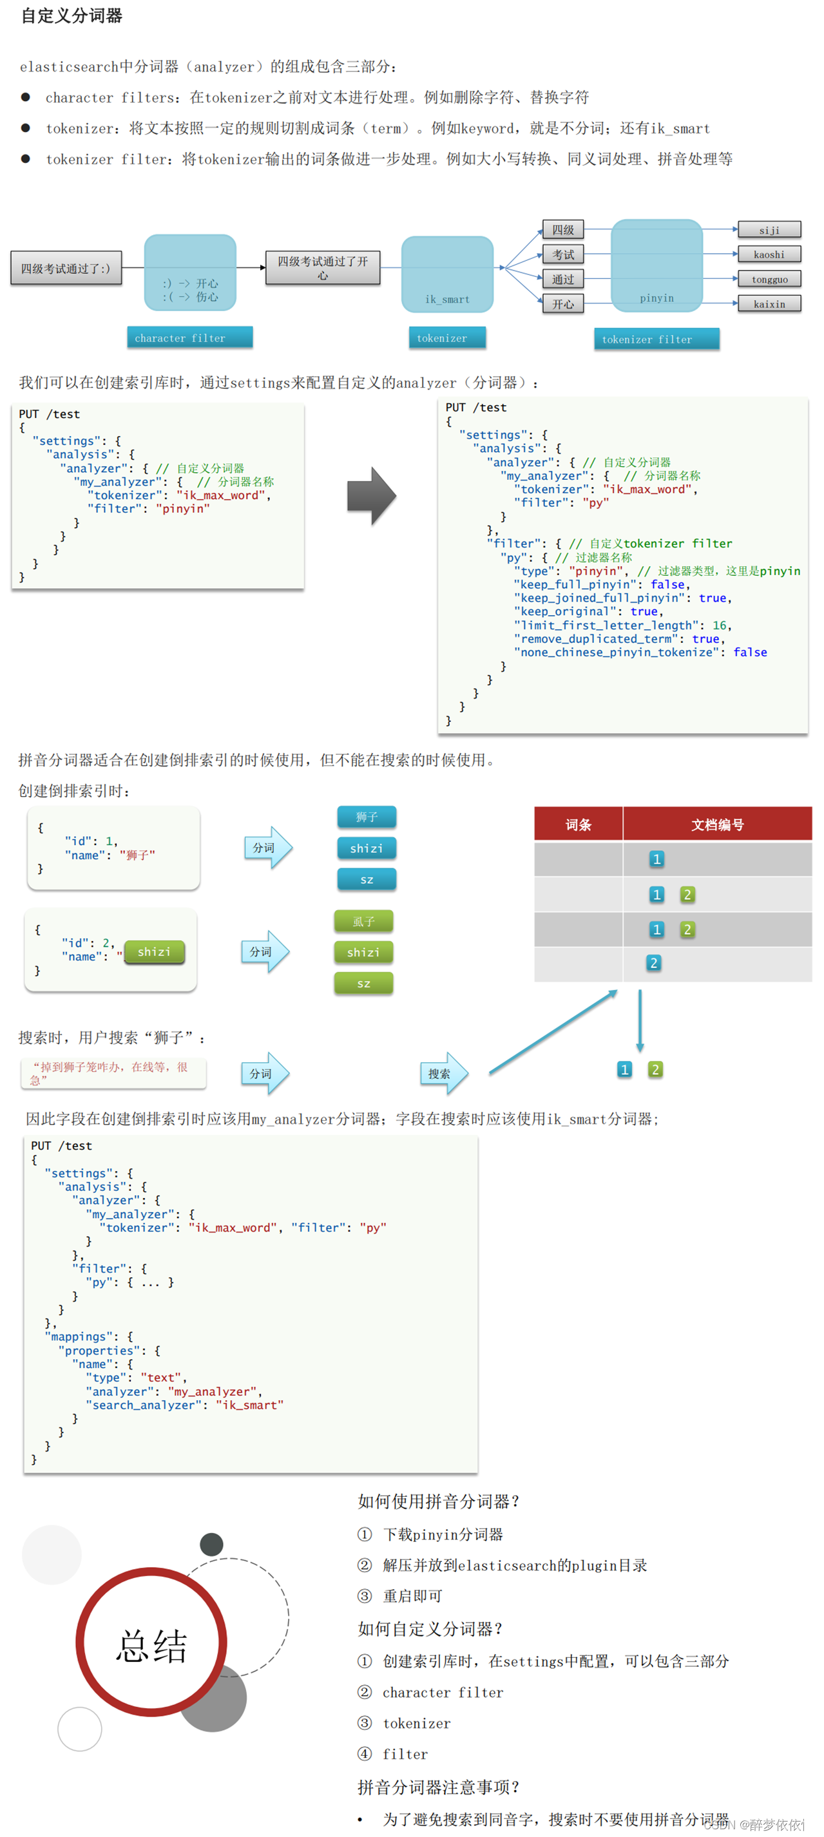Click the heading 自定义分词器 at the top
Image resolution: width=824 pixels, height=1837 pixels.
coord(72,15)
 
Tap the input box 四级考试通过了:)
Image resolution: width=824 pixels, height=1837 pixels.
coord(66,269)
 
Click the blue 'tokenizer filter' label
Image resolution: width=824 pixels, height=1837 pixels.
coord(656,339)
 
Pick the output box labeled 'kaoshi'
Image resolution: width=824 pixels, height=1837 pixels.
coord(769,254)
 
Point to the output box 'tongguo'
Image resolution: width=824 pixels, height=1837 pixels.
coord(769,280)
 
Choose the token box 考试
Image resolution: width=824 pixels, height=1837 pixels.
coord(563,254)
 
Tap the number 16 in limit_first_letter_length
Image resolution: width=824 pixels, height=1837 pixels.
coord(719,625)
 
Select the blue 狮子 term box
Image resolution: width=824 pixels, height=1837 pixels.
coord(367,817)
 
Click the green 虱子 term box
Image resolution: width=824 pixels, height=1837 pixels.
coord(363,921)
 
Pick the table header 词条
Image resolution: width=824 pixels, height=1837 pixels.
coord(578,825)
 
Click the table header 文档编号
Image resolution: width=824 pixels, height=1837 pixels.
coord(717,825)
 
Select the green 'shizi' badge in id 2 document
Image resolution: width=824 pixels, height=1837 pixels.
coord(154,952)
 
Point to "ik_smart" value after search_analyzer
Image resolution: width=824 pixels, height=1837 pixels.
coord(250,1405)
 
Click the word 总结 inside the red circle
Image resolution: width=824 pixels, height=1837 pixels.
coord(152,1646)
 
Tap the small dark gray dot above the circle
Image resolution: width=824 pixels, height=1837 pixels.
coord(211,1544)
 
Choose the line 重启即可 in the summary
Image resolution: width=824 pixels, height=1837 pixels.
coord(412,1596)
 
